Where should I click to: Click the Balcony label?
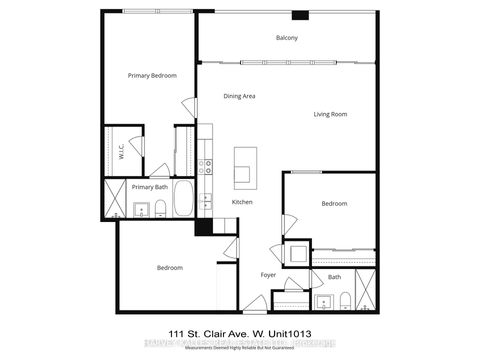click(287, 38)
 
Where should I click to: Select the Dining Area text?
click(240, 96)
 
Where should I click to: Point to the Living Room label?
click(329, 114)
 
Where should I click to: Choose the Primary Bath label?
click(149, 187)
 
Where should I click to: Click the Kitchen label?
click(243, 203)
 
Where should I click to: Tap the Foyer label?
click(269, 274)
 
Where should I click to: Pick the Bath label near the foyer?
click(334, 277)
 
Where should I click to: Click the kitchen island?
click(244, 167)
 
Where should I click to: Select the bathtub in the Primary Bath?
click(183, 200)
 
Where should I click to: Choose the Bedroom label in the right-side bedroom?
click(333, 204)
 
